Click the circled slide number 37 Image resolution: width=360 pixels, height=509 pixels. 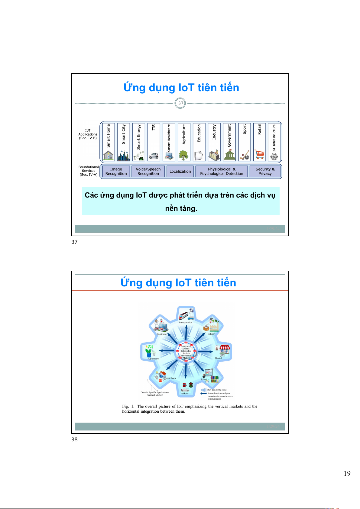pyautogui.click(x=180, y=103)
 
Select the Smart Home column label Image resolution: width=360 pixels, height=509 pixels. pyautogui.click(x=109, y=136)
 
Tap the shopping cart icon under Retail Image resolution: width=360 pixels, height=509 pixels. pyautogui.click(x=259, y=154)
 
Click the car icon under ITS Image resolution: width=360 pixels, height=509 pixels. pyautogui.click(x=154, y=156)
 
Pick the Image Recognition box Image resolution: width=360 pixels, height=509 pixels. pyautogui.click(x=116, y=171)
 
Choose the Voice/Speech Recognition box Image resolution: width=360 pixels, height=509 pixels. pyautogui.click(x=148, y=171)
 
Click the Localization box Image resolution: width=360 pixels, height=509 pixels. pyautogui.click(x=180, y=171)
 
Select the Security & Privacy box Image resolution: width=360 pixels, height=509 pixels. pyautogui.click(x=265, y=171)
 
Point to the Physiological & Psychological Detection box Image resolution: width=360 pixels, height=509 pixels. pyautogui.click(x=222, y=171)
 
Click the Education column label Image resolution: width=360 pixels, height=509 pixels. pyautogui.click(x=199, y=133)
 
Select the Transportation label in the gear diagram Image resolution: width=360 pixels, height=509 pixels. pyautogui.click(x=185, y=323)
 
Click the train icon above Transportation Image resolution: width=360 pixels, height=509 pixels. pyautogui.click(x=184, y=315)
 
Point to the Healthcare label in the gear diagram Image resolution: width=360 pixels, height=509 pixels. pyautogui.click(x=162, y=334)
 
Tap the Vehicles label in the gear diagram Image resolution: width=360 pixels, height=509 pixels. pyautogui.click(x=184, y=394)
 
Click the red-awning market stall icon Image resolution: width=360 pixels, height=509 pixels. pyautogui.click(x=225, y=350)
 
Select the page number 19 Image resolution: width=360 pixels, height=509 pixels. pyautogui.click(x=347, y=473)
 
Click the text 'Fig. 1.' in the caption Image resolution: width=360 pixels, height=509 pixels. pyautogui.click(x=128, y=406)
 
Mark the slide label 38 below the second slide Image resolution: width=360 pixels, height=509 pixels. pyautogui.click(x=75, y=440)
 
